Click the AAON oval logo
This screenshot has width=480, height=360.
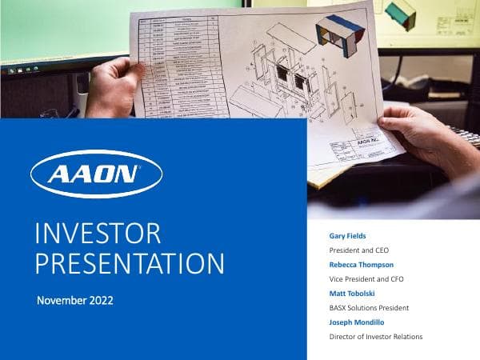point(96,174)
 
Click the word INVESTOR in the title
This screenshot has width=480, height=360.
point(98,234)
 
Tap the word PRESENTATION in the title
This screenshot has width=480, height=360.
point(130,264)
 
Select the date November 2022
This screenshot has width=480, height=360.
point(75,301)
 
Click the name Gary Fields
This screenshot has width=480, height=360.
point(349,236)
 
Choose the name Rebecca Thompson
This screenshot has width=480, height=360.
point(362,264)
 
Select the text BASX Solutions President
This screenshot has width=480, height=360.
point(370,307)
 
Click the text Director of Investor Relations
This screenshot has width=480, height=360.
point(376,337)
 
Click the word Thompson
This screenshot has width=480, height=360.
point(376,264)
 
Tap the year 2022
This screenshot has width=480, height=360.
point(102,301)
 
